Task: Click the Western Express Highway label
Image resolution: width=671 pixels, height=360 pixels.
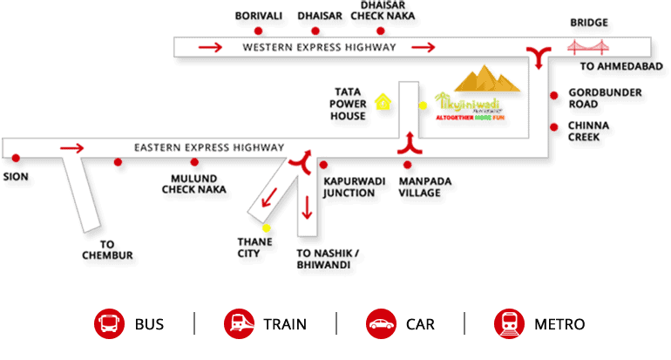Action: (319, 47)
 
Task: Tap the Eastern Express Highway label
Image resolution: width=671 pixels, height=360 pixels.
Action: (209, 148)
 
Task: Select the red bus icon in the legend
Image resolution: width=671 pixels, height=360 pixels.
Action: (108, 323)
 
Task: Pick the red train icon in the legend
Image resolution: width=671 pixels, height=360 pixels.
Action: (238, 323)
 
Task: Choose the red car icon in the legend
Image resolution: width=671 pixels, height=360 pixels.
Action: (382, 323)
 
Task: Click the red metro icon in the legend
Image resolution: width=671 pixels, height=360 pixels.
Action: (509, 323)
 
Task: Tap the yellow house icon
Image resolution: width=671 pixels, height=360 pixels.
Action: (382, 101)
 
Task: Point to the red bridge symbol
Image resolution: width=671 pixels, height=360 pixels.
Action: (588, 47)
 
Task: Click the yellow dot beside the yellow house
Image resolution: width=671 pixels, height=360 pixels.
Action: (424, 105)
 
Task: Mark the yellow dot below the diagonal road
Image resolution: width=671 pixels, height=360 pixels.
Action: (266, 228)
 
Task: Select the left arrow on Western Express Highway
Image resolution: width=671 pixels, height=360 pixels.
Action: (210, 47)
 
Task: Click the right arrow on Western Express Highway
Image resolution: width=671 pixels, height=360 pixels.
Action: (424, 47)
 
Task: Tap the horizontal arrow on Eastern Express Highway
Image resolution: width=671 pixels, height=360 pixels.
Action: (72, 148)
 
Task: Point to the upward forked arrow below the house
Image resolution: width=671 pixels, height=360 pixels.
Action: (410, 142)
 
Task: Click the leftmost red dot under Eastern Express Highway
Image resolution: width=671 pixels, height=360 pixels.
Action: (16, 158)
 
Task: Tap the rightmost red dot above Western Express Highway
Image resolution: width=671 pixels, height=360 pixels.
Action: (381, 31)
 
